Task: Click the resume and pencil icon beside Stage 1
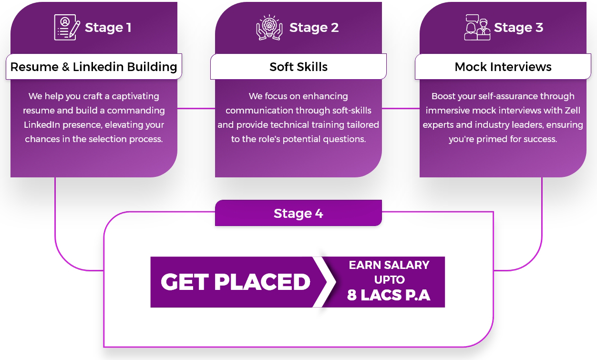(x=67, y=28)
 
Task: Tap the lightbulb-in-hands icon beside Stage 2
(x=269, y=28)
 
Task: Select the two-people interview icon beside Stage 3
(x=477, y=28)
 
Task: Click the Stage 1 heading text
(x=108, y=28)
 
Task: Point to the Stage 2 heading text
(x=314, y=28)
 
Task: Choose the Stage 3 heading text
(x=519, y=28)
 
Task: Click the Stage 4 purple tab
(x=298, y=213)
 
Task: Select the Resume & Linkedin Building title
(x=94, y=67)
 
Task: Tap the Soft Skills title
(x=298, y=67)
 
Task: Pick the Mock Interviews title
(x=503, y=67)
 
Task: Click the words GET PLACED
(x=236, y=282)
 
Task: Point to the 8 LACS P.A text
(x=389, y=295)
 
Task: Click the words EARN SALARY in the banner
(x=390, y=265)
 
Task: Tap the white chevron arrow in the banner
(x=324, y=282)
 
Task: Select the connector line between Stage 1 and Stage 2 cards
(x=196, y=108)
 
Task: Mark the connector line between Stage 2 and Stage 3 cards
(x=401, y=108)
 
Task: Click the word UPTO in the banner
(x=390, y=280)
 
